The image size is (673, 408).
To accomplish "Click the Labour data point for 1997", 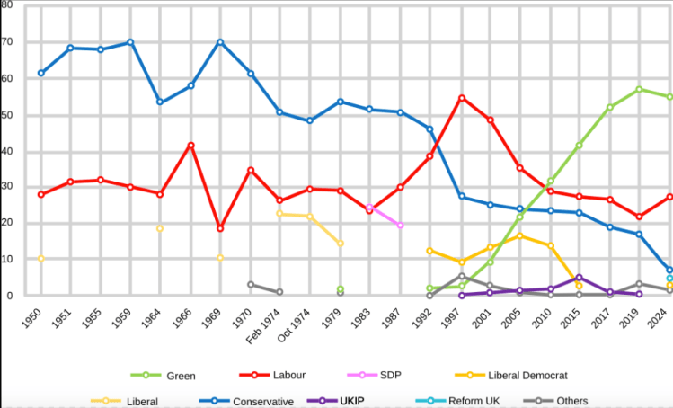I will tap(461, 98).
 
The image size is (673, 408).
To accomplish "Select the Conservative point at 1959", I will tap(130, 42).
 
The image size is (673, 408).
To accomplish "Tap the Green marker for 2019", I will tap(639, 89).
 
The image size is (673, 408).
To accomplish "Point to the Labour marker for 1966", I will tap(190, 145).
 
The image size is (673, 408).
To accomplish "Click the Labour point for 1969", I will tap(220, 228).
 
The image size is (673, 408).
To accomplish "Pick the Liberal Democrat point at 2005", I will tap(519, 235).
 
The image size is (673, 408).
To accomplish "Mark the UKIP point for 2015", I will tap(580, 278).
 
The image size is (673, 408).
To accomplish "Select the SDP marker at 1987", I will tap(400, 226).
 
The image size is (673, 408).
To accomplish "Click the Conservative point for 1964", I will tap(160, 102).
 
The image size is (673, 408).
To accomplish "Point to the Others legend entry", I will tap(565, 401).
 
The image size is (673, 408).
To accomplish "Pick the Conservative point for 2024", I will tap(669, 270).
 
